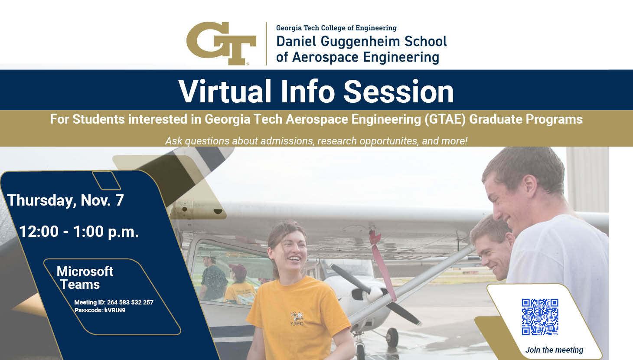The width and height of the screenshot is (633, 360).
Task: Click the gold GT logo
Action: click(221, 43)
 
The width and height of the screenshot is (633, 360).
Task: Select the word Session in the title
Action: click(398, 92)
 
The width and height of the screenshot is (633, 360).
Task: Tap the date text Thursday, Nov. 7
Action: click(65, 200)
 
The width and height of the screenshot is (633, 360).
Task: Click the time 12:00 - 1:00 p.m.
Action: click(79, 231)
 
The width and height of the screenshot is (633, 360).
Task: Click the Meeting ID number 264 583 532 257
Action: click(130, 302)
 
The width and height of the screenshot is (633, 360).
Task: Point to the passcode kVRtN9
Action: click(115, 310)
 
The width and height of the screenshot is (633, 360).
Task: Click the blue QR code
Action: click(540, 317)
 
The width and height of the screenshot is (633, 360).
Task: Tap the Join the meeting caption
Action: click(554, 350)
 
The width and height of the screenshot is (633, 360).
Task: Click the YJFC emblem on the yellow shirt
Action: click(297, 318)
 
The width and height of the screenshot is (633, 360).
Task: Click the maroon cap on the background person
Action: click(238, 268)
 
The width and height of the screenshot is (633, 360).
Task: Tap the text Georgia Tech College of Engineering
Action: click(336, 28)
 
